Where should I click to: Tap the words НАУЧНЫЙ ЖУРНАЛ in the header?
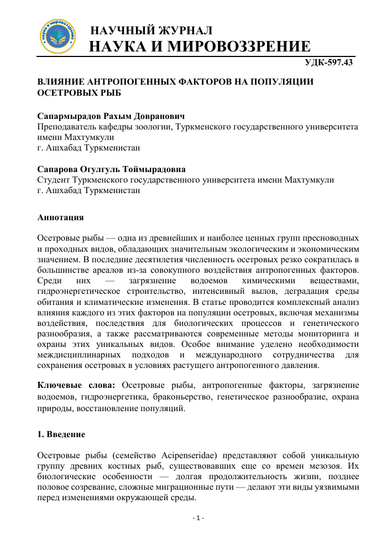[152, 30]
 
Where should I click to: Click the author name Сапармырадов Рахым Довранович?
[111, 116]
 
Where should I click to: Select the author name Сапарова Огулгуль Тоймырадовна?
[111, 169]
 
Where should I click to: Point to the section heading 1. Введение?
[61, 434]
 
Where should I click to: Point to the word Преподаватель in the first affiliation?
[69, 127]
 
